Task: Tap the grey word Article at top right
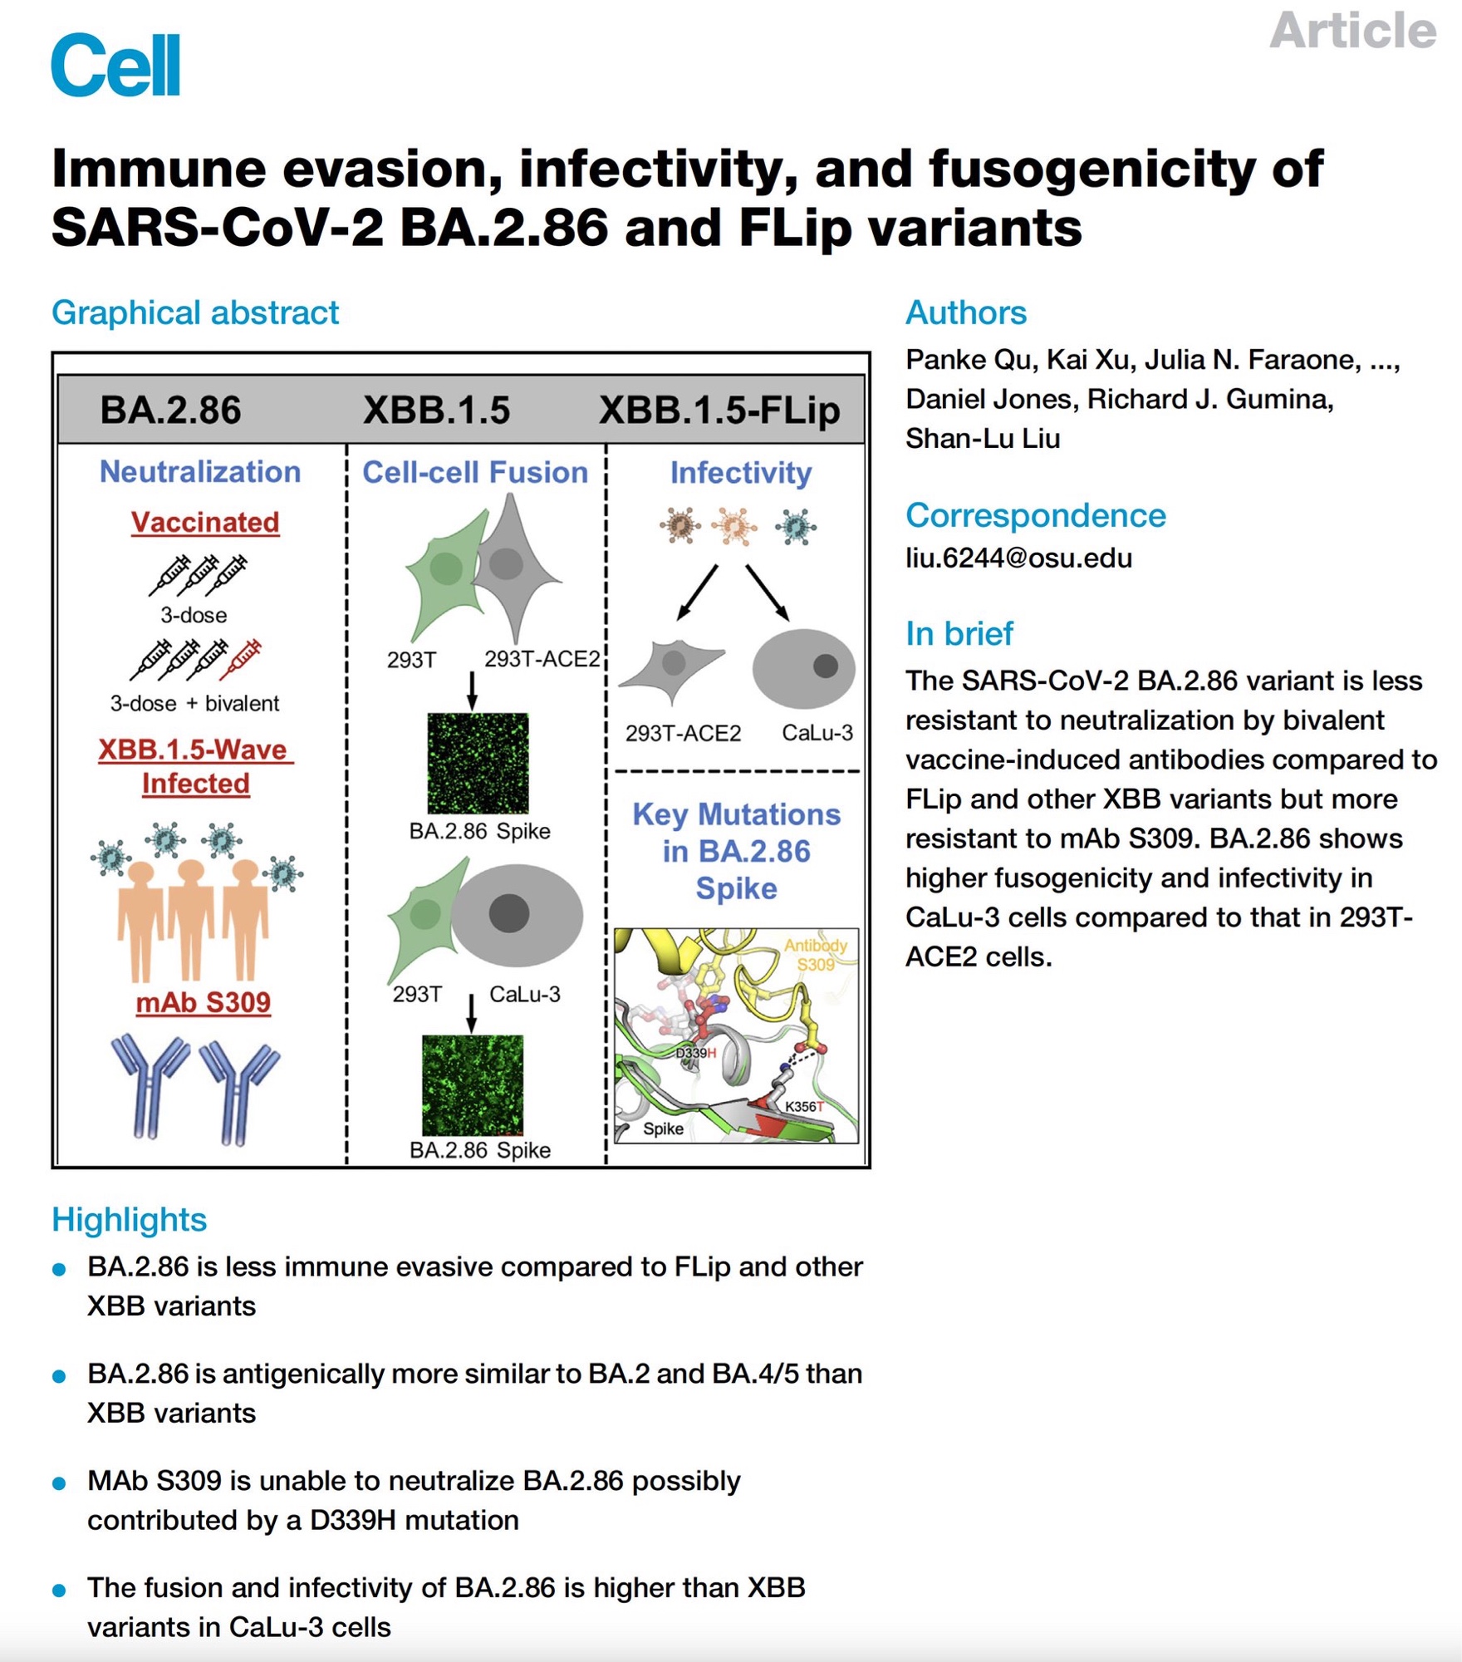pos(1352,31)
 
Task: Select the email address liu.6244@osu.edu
pos(1018,558)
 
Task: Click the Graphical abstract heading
pos(195,313)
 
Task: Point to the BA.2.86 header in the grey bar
pos(170,410)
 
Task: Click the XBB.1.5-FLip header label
pos(719,411)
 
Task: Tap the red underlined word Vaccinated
pos(205,522)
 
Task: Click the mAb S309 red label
pos(204,1002)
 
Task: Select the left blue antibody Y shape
pos(150,1084)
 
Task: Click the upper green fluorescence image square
pos(478,763)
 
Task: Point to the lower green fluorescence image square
pos(473,1084)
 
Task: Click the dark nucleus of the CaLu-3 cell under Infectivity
pos(825,666)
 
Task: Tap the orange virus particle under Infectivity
pos(733,525)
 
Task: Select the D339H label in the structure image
pos(695,1054)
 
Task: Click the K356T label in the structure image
pos(804,1106)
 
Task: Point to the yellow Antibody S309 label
pos(815,955)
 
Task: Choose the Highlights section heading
pos(129,1220)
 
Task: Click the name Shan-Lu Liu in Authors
pos(983,438)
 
